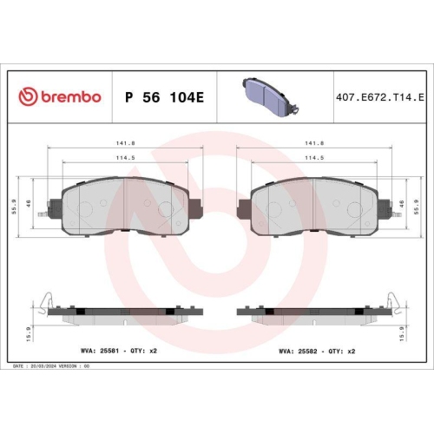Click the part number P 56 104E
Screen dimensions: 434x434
coord(165,96)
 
